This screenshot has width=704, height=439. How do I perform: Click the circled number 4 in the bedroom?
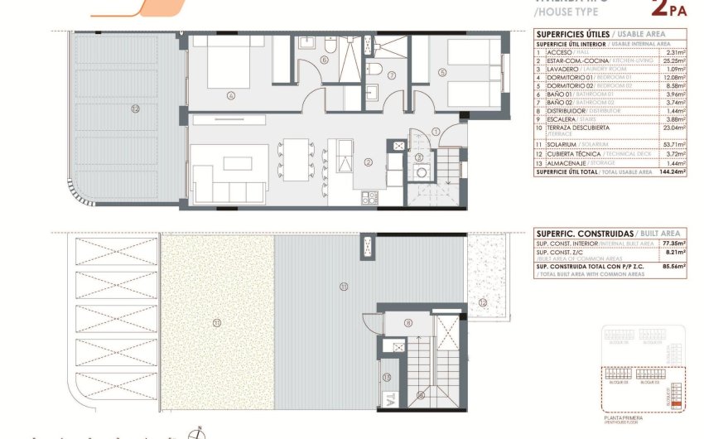pyautogui.click(x=231, y=95)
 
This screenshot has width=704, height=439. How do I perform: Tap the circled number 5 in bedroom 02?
pyautogui.click(x=443, y=73)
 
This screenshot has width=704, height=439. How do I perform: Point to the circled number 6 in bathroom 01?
pyautogui.click(x=324, y=60)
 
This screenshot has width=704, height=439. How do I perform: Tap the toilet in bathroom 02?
pyautogui.click(x=374, y=68)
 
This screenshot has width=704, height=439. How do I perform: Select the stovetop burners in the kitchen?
pyautogui.click(x=369, y=197)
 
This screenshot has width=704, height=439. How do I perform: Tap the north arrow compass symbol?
pyautogui.click(x=197, y=432)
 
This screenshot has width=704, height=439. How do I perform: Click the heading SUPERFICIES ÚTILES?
pyautogui.click(x=571, y=33)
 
